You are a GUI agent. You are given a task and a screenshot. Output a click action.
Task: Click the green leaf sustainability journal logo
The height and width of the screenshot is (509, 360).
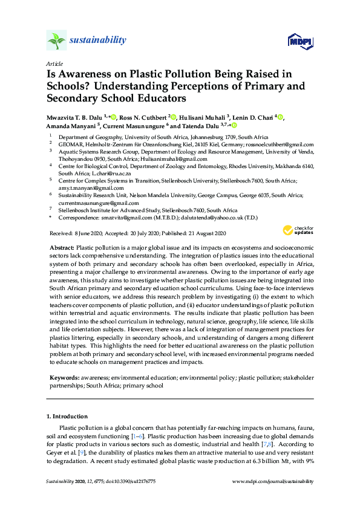pyautogui.click(x=56, y=41)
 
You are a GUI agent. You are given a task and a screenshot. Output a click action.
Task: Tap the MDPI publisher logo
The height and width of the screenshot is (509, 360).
pyautogui.click(x=299, y=41)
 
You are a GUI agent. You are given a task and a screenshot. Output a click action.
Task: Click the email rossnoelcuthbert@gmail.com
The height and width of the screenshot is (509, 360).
pyautogui.click(x=284, y=145)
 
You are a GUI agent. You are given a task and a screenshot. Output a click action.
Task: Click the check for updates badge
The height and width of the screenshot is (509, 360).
pyautogui.click(x=299, y=230)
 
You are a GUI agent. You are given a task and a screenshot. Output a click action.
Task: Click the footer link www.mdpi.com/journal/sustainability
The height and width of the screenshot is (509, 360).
pyautogui.click(x=273, y=481)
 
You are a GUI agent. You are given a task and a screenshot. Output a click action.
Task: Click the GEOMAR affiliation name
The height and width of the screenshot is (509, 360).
pyautogui.click(x=71, y=145)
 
